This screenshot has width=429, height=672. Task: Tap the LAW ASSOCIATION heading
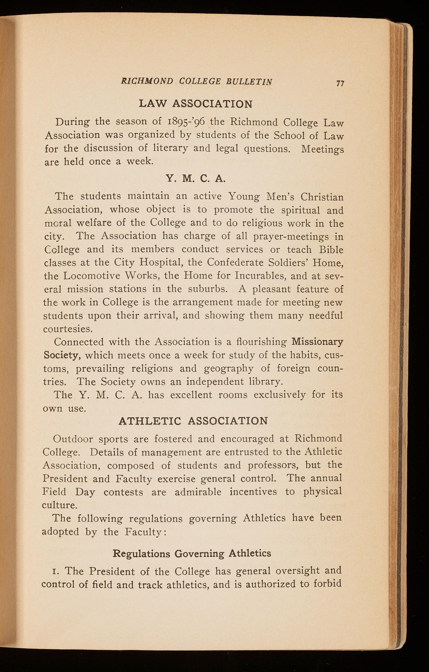point(196,104)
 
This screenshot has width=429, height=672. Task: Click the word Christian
point(322,197)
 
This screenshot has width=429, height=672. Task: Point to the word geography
point(228,368)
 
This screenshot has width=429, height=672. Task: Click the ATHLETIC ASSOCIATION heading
point(193,421)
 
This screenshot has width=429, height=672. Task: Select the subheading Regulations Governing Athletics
point(192,553)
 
